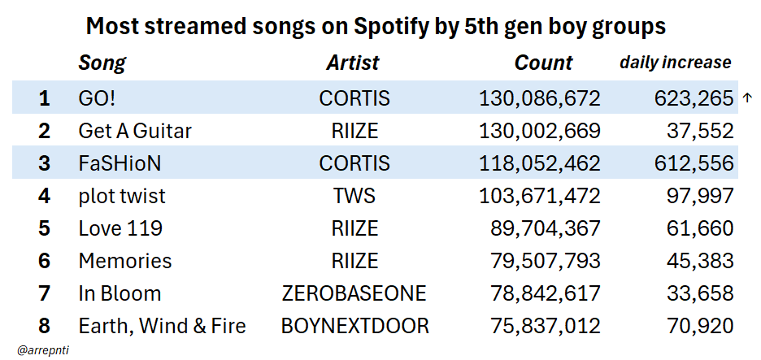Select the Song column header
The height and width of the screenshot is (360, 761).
[x=102, y=63]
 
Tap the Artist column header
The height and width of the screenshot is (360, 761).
[x=353, y=63]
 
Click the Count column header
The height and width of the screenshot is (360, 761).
[x=543, y=63]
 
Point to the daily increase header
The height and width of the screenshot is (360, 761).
[x=675, y=63]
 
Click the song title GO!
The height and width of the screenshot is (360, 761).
[x=98, y=98]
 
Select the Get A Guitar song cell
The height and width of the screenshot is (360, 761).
[x=135, y=131]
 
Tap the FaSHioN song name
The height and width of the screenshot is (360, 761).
[x=120, y=163]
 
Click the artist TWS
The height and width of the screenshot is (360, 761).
[x=354, y=196]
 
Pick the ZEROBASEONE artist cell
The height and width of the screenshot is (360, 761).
[x=354, y=293]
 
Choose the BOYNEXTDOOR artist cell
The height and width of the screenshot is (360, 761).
[x=354, y=326]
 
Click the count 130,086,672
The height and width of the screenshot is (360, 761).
[x=540, y=98]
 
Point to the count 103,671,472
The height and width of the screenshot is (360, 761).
[x=540, y=196]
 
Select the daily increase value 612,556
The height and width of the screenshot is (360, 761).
[x=694, y=163]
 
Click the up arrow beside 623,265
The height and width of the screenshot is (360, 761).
[x=747, y=98]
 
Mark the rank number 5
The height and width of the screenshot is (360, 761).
[x=44, y=228]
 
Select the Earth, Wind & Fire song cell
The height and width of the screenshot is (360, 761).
[x=162, y=326]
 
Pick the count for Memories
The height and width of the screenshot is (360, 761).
[x=545, y=261]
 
